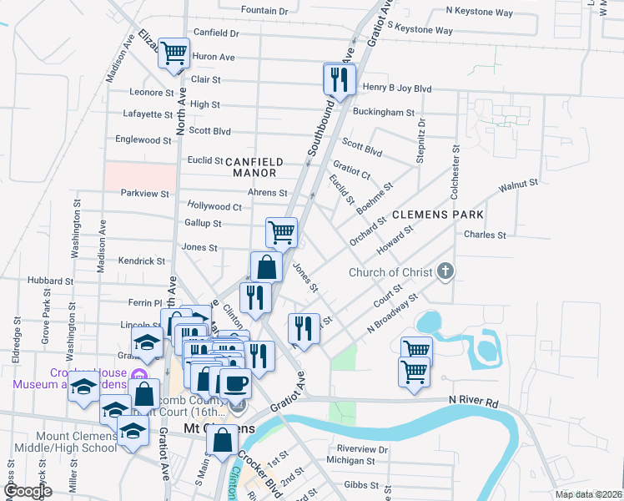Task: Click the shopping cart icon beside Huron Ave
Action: [174, 53]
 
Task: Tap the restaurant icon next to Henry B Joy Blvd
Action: [338, 79]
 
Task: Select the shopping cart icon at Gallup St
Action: [281, 231]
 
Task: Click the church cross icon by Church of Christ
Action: [446, 271]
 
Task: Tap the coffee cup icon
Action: [234, 383]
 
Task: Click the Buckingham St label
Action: [383, 112]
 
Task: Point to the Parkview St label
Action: [144, 193]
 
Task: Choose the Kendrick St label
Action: [142, 261]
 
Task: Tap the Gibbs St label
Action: [363, 485]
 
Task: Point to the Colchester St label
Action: [455, 172]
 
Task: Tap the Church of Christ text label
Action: [390, 272]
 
